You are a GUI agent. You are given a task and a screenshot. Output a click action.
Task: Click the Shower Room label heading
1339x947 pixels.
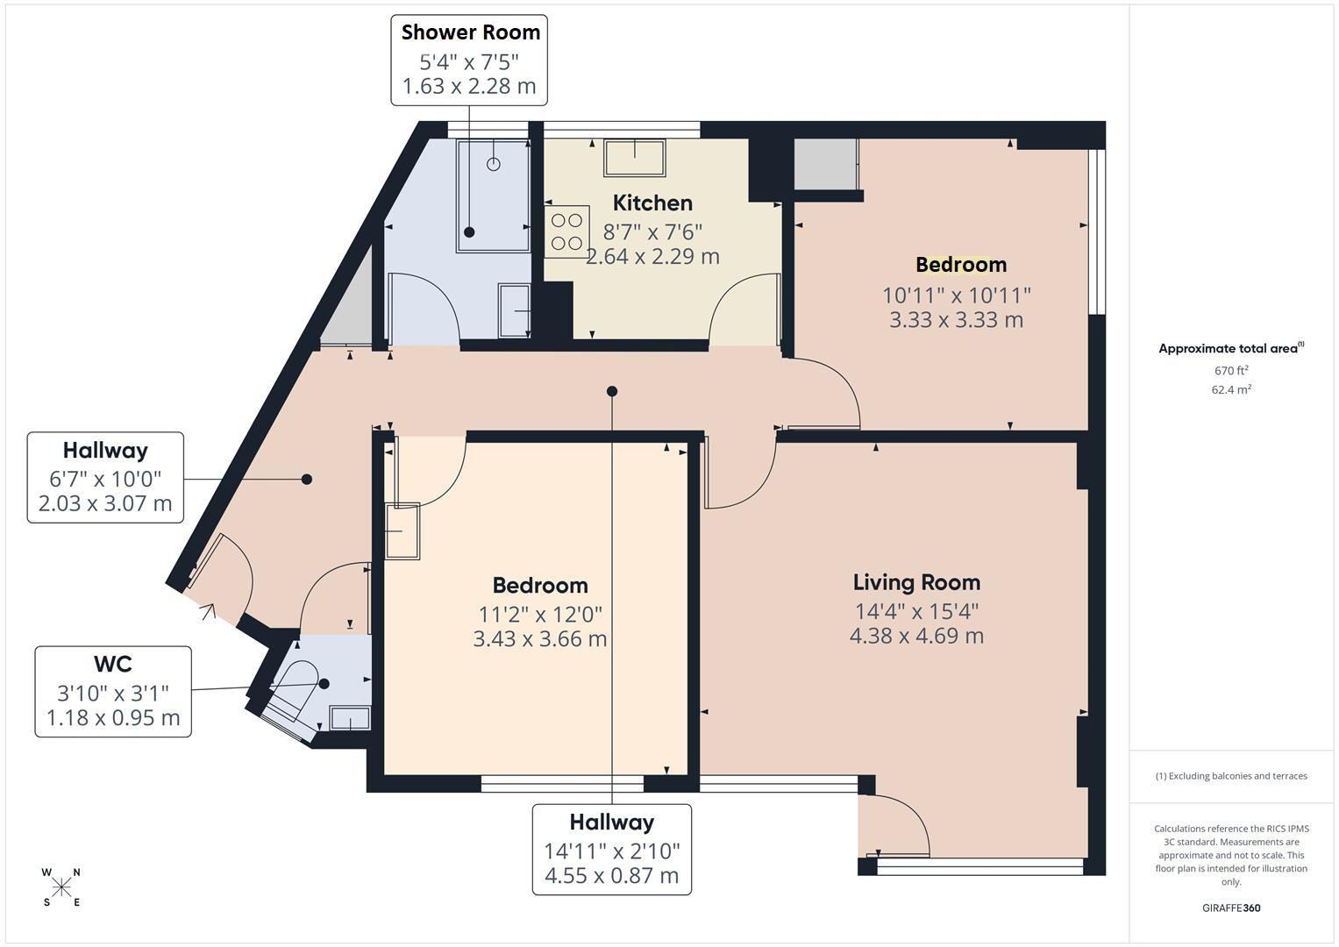470,32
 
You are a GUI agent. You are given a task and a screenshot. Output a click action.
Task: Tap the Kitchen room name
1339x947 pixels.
652,203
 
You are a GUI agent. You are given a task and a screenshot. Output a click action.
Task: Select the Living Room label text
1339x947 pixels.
916,582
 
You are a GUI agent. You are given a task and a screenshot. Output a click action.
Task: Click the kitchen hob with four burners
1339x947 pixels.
566,231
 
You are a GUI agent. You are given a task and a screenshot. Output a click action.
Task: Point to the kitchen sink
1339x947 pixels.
634,158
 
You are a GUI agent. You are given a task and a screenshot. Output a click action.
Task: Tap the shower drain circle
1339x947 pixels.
493,164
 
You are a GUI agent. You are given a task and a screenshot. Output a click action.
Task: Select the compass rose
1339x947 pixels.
61,887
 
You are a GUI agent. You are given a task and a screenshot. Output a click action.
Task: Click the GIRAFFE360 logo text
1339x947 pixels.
1231,908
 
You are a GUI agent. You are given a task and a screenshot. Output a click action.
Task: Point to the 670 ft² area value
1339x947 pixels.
1231,370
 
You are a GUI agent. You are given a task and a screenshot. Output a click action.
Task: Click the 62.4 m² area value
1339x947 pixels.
1231,389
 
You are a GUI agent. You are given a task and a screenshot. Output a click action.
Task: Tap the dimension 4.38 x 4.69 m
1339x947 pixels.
916,636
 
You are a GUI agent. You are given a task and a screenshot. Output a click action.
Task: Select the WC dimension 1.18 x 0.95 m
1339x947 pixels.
113,717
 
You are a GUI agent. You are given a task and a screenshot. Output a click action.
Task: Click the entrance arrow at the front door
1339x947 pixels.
208,612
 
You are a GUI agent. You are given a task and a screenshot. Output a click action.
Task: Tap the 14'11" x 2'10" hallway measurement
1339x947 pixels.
611,851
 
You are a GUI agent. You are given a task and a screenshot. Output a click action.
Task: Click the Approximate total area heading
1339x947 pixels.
1231,348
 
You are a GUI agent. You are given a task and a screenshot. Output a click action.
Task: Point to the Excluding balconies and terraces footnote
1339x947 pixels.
1231,776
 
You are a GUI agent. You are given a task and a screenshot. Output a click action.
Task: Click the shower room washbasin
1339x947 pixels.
514,311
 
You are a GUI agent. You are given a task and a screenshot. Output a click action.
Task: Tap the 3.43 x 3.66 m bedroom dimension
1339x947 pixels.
540,638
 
